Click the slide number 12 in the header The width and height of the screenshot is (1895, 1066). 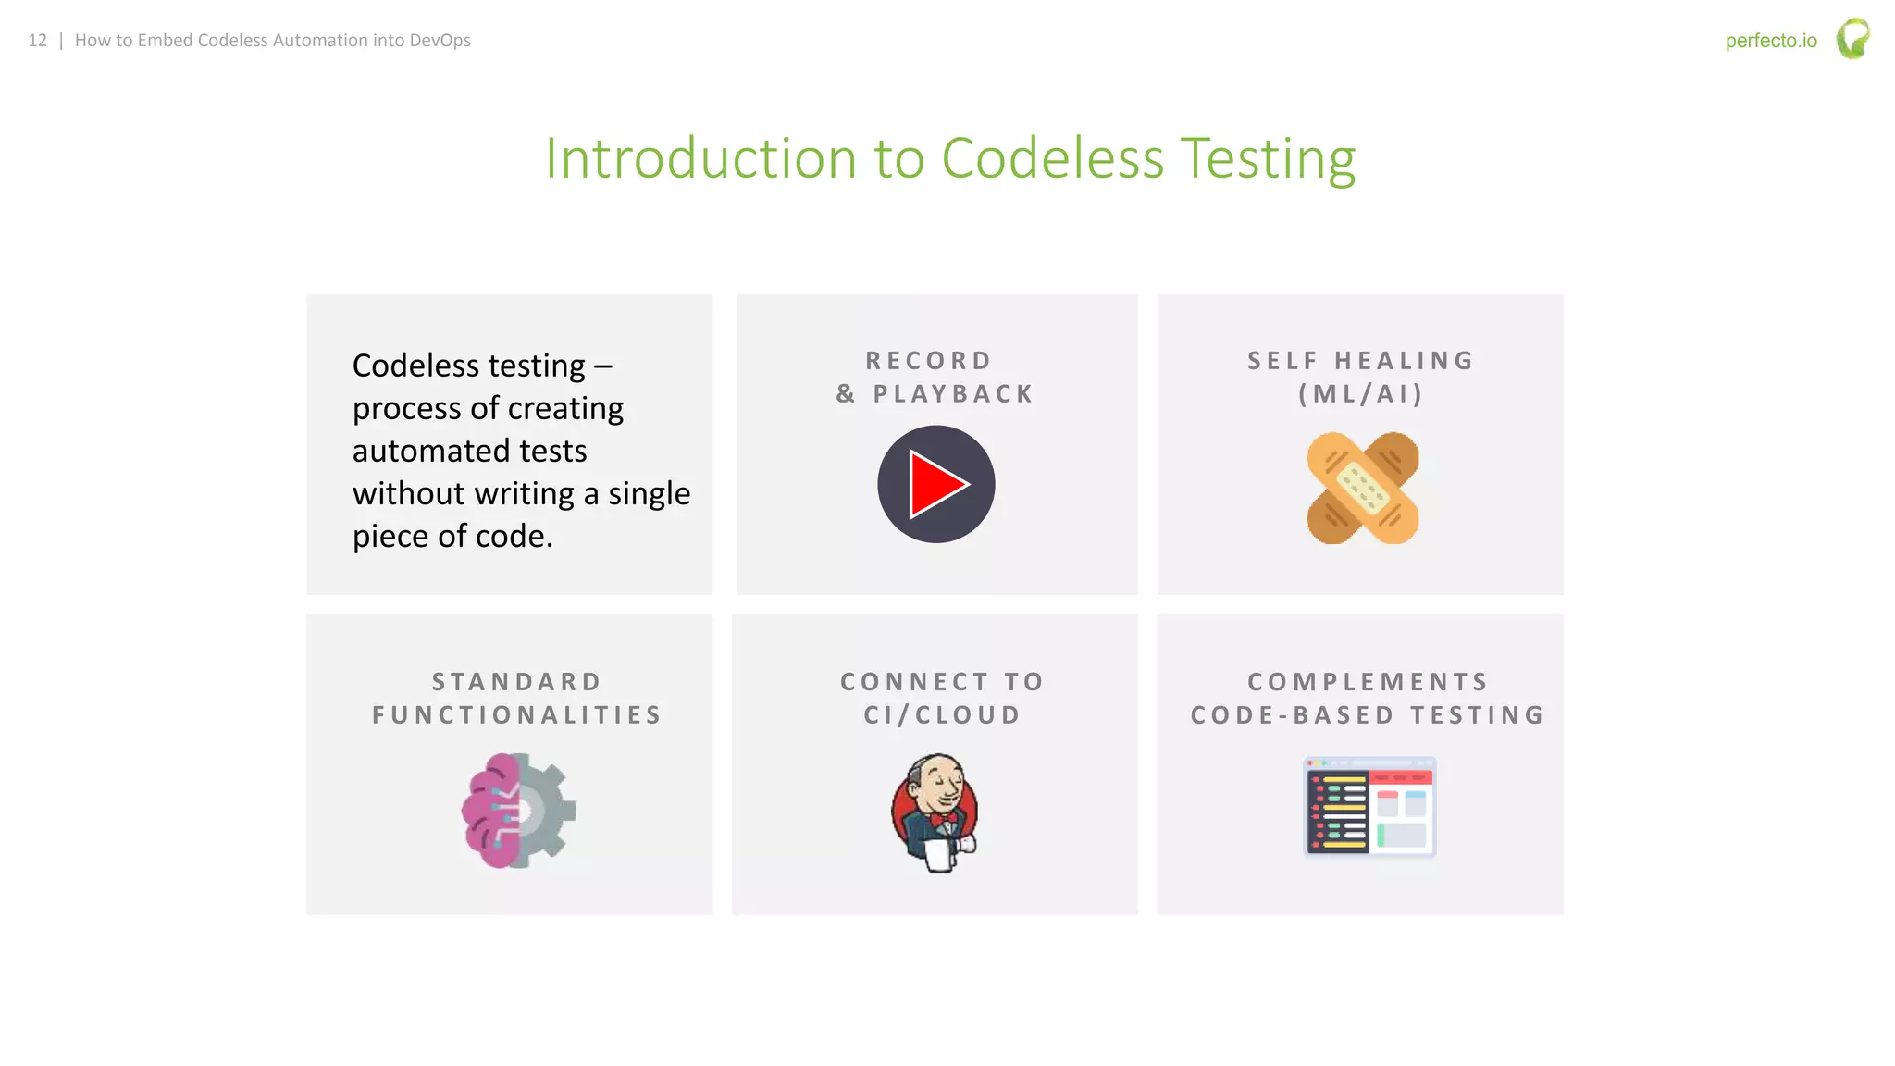pos(37,41)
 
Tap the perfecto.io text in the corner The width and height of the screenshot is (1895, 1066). pos(1770,41)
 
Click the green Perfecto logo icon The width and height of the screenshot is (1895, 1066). pos(1852,39)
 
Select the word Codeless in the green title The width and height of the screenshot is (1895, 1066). pos(1052,158)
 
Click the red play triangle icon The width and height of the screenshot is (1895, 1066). pos(937,484)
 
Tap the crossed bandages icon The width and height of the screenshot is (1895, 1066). pos(1362,488)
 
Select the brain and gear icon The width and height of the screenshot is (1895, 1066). pos(518,811)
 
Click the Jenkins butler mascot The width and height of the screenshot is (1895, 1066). pos(935,812)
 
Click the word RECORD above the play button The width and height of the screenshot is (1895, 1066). pos(929,361)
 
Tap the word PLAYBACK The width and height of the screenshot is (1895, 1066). pos(953,394)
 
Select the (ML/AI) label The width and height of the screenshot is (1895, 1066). pos(1360,394)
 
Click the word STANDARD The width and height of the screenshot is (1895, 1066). pos(517,682)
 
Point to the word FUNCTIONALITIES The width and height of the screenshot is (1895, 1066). pos(517,715)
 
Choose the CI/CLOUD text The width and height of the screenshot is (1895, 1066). pos(942,715)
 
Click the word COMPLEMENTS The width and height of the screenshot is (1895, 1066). pos(1368,682)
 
